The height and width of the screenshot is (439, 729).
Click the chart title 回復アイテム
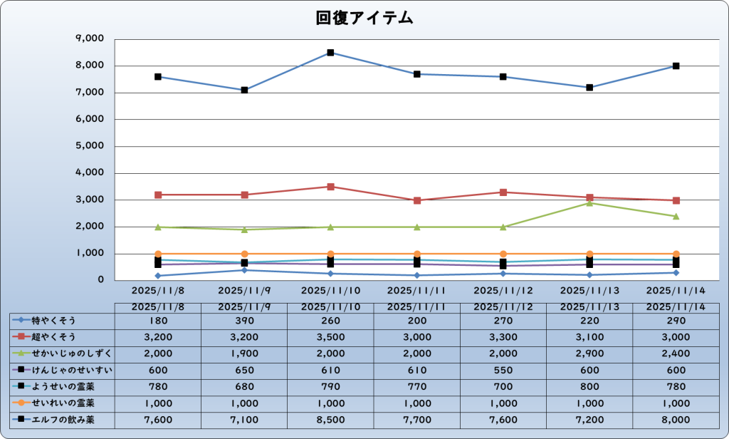(x=364, y=19)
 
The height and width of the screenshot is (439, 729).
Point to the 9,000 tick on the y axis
(x=89, y=38)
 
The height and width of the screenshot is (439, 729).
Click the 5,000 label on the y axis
(x=89, y=146)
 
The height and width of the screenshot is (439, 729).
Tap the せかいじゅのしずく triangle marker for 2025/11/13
(x=589, y=203)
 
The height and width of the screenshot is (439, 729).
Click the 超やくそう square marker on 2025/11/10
(x=330, y=187)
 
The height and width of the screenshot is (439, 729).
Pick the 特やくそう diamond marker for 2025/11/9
(x=244, y=270)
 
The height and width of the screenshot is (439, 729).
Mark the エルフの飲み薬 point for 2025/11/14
(x=676, y=66)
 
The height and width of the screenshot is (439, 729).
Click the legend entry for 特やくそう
(x=53, y=320)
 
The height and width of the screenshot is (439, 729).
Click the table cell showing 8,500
(x=330, y=420)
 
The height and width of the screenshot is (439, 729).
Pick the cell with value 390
(x=244, y=320)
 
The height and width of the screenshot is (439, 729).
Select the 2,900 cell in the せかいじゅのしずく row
(x=589, y=353)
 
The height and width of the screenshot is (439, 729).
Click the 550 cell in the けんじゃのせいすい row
(x=503, y=370)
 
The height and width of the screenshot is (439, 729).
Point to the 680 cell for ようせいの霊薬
(x=244, y=387)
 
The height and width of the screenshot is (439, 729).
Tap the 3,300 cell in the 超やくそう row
(x=503, y=336)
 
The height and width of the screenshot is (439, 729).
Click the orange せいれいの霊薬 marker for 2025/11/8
(x=158, y=254)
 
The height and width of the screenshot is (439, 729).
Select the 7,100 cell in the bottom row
(x=244, y=420)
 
